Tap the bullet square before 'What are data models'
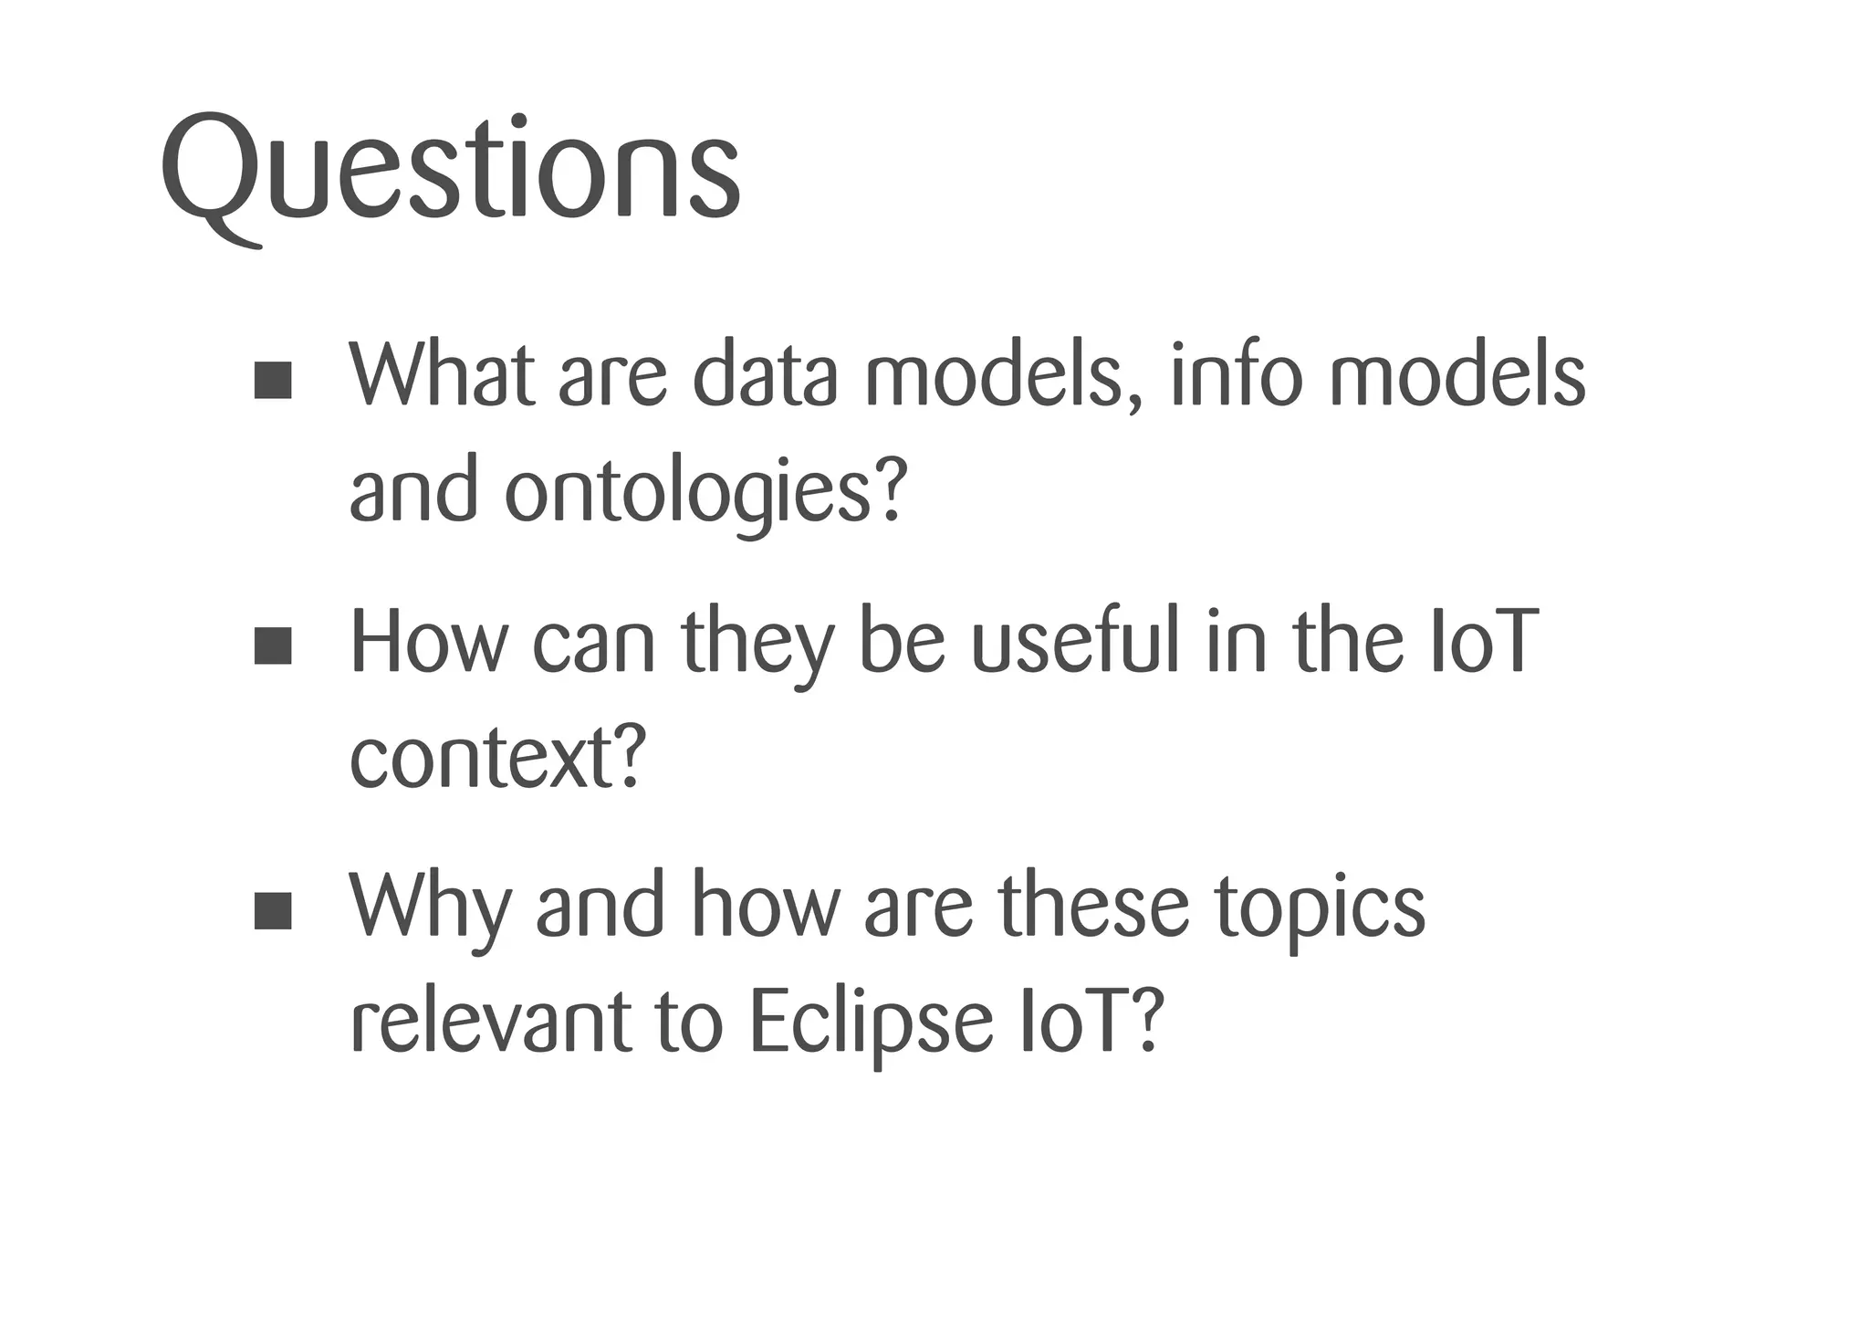[x=273, y=380]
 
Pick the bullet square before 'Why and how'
[x=273, y=910]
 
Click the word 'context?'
[x=498, y=758]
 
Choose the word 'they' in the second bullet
[x=757, y=645]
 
